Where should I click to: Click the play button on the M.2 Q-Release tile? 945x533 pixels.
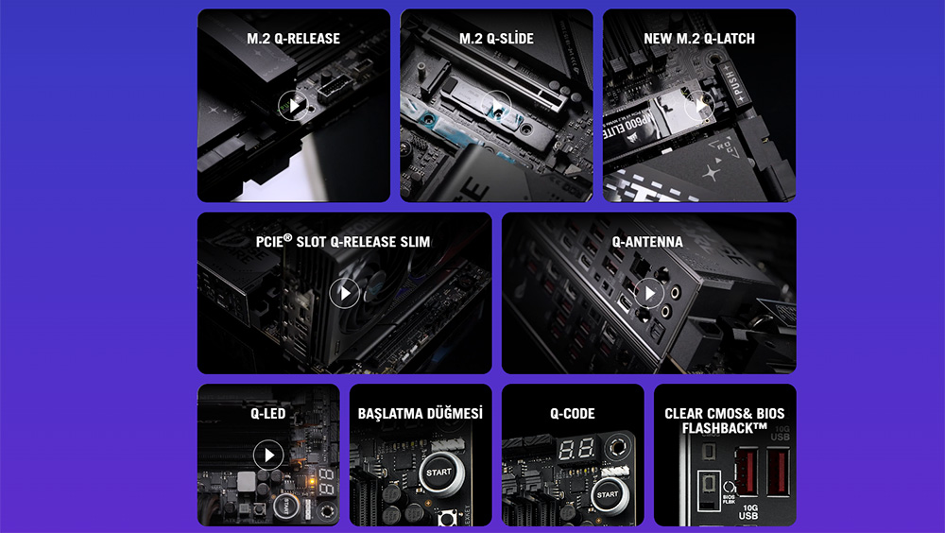tap(294, 106)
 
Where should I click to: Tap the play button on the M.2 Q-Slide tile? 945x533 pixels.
tap(496, 106)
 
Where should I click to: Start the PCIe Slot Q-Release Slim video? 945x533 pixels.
tap(344, 293)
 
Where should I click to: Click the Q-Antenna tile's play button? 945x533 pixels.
tap(648, 293)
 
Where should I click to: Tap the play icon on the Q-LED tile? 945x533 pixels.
tap(268, 456)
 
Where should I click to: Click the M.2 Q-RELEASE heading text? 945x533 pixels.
tap(294, 39)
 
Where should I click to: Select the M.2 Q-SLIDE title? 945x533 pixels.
tap(496, 39)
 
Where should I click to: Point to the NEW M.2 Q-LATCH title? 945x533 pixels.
tap(699, 39)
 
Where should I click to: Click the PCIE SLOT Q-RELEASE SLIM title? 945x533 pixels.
tap(344, 242)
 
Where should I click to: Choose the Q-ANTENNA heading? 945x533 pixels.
tap(648, 242)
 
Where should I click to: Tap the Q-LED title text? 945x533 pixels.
tap(268, 414)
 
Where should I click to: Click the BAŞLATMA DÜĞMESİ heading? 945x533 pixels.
tap(421, 414)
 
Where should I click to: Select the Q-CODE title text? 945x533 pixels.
tap(573, 414)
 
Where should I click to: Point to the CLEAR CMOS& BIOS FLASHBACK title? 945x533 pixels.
tap(725, 421)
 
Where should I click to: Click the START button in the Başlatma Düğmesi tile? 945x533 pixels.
tap(438, 472)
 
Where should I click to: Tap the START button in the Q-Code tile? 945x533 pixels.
tap(608, 493)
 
